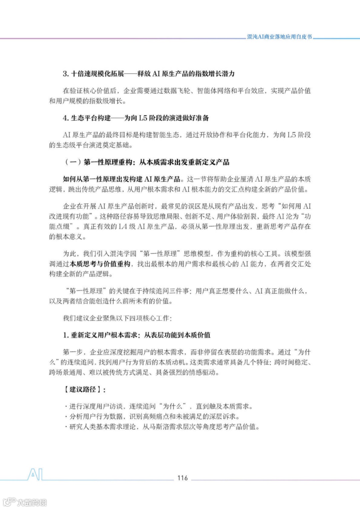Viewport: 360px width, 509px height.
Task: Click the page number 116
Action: pyautogui.click(x=182, y=478)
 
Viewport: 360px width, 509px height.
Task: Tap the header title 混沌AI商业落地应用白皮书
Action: pyautogui.click(x=279, y=37)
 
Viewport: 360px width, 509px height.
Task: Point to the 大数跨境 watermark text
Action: pyautogui.click(x=32, y=502)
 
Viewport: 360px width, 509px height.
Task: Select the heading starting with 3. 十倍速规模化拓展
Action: pyautogui.click(x=149, y=74)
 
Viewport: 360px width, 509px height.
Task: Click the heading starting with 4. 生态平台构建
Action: pyautogui.click(x=136, y=118)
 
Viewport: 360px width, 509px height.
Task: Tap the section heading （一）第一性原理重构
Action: pyautogui.click(x=147, y=162)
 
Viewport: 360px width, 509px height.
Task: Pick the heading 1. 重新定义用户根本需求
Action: pyautogui.click(x=137, y=335)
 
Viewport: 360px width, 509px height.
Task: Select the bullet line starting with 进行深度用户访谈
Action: pyautogui.click(x=159, y=406)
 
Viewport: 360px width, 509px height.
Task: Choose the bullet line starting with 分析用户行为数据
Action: pyautogui.click(x=152, y=416)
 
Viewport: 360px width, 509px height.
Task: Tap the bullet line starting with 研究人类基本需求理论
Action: pyautogui.click(x=162, y=427)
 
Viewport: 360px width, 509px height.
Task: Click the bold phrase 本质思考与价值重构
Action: pyautogui.click(x=100, y=264)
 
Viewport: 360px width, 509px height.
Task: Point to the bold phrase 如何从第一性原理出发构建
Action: pyautogui.click(x=121, y=179)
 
